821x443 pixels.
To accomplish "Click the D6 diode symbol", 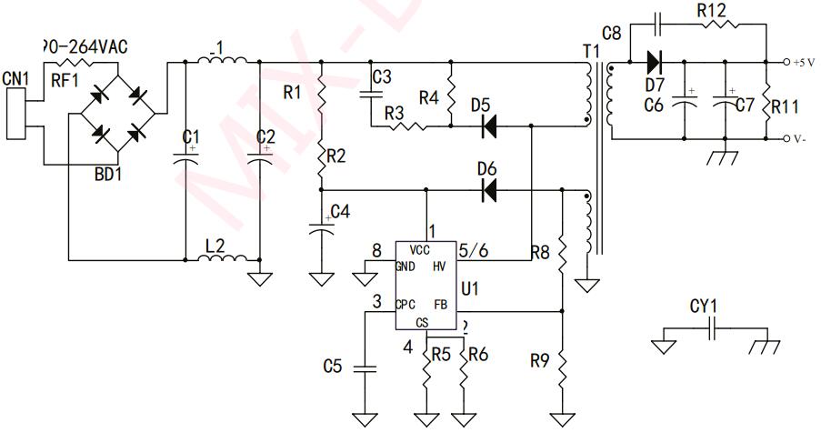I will pos(489,191).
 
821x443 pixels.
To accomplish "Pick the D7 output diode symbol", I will pos(653,63).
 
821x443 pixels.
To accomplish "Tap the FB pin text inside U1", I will pos(441,304).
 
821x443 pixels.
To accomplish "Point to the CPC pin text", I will pos(406,304).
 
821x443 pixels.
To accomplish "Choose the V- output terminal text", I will pos(801,138).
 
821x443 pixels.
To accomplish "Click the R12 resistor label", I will pos(711,12).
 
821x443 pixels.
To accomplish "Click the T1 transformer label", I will pos(592,51).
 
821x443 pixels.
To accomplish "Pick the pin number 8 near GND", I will pos(376,251).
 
